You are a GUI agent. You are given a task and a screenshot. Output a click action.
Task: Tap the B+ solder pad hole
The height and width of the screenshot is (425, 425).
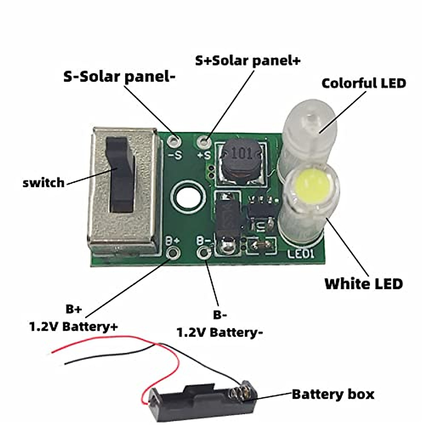pos(173,253)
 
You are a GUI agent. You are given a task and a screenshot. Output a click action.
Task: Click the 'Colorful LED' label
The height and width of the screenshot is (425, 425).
pos(364,84)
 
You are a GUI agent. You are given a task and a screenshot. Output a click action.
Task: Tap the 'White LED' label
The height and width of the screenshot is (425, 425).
pos(364,284)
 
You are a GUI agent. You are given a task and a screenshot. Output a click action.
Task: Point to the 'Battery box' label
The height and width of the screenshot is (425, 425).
pos(333,394)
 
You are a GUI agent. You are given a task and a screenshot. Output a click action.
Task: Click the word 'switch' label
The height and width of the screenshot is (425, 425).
pos(44,183)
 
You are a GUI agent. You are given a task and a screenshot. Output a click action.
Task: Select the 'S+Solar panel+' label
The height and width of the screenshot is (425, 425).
pos(248,61)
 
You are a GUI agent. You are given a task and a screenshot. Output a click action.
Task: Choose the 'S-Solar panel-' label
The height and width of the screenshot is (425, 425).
pos(119,76)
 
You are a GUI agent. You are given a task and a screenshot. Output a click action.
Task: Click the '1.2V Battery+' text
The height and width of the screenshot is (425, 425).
pos(73,326)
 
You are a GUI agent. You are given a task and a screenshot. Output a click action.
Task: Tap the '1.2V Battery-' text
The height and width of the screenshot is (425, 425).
pos(220,332)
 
